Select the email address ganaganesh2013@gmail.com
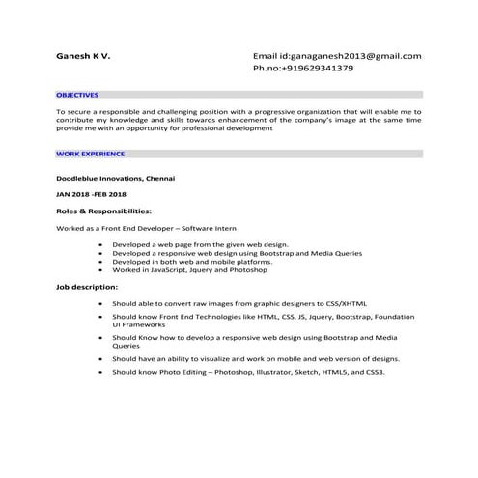click(348, 56)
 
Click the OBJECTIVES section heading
click(77, 96)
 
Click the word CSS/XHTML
click(319, 303)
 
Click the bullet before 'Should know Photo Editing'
click(100, 372)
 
